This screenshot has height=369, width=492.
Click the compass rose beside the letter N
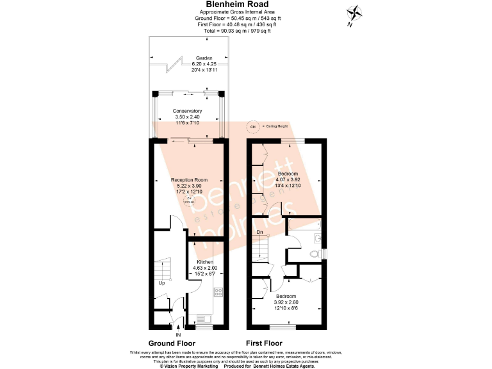click(x=353, y=12)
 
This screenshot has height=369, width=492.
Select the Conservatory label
click(x=187, y=111)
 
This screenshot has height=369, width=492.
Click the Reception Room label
click(x=188, y=180)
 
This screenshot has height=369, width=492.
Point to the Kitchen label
click(x=205, y=262)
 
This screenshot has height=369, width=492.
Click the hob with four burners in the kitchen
click(x=217, y=293)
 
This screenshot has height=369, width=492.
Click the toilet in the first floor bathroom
click(x=315, y=254)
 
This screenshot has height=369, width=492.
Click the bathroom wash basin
click(x=318, y=238)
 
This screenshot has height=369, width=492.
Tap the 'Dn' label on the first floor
click(x=259, y=232)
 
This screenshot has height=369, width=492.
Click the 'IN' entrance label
click(x=177, y=334)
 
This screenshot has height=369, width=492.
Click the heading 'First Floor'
click(x=263, y=343)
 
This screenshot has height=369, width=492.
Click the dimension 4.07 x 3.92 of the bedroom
click(x=288, y=180)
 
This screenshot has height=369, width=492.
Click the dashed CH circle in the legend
click(x=252, y=126)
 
